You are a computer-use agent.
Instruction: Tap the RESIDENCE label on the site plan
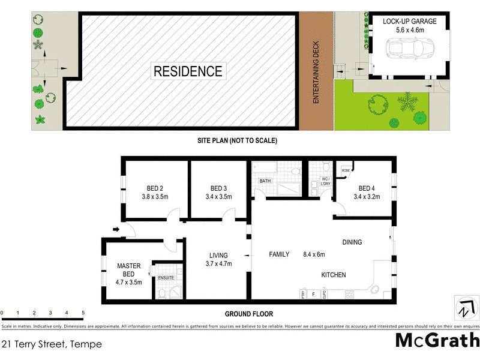(x=188, y=71)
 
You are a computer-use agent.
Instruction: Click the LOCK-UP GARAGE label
(x=410, y=22)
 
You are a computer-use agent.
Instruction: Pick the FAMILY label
(x=279, y=254)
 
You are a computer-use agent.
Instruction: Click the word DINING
(x=352, y=242)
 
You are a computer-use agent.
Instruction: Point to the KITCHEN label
(x=333, y=275)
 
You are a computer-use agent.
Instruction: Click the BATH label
(x=265, y=181)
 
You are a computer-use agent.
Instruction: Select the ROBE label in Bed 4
(x=346, y=170)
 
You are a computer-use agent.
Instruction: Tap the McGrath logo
(x=437, y=340)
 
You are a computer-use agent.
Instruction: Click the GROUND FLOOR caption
(x=248, y=314)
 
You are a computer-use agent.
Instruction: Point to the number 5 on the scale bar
(x=83, y=313)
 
